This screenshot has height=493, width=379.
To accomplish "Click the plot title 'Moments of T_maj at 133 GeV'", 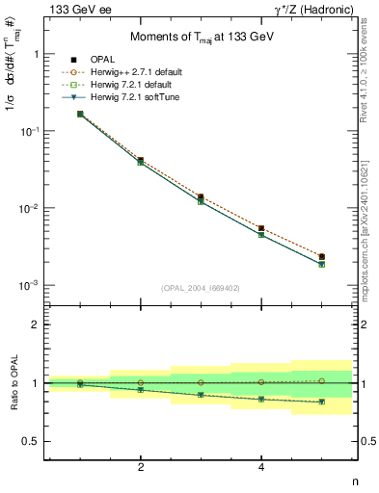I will point(198,38).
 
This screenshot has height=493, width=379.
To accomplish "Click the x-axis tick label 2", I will point(141,467).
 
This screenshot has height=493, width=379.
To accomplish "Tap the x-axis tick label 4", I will point(261,467).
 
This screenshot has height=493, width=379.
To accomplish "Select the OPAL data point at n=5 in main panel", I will point(321,257).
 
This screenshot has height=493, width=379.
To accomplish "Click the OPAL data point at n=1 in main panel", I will point(80,114).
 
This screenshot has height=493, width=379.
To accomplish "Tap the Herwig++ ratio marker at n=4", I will point(261,382).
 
